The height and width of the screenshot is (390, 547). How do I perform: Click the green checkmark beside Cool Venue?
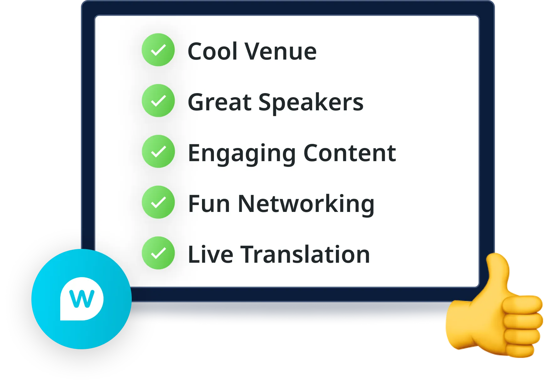pos(158,50)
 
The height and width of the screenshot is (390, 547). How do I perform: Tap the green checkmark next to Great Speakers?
pos(158,101)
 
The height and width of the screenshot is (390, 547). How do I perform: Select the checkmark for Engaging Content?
pos(158,151)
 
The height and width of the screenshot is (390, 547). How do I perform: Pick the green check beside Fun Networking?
pos(158,202)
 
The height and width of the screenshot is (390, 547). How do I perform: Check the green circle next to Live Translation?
pos(158,253)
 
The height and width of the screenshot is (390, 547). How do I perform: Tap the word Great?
pos(220,102)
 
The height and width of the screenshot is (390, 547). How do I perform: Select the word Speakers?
pos(311,103)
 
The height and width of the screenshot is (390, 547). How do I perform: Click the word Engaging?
pos(242,154)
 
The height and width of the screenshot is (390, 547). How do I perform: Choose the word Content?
pos(350,153)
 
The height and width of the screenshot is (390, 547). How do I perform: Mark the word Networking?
pos(306,205)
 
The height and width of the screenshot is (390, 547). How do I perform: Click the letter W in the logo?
pos(82,299)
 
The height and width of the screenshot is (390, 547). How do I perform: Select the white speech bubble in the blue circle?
pos(82,299)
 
